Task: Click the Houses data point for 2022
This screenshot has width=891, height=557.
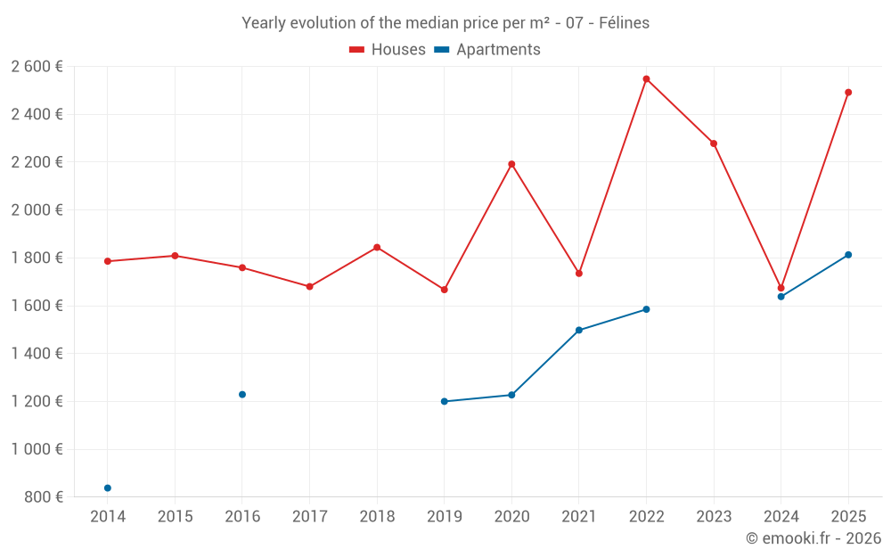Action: (646, 79)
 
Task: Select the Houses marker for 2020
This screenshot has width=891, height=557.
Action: (511, 164)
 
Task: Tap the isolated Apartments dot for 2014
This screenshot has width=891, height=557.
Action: (108, 488)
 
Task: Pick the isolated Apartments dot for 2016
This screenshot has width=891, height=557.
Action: (242, 395)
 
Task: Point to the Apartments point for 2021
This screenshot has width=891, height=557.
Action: (579, 331)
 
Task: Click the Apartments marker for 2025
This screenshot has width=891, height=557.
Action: (848, 255)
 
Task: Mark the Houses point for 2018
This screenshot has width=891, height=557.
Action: (377, 247)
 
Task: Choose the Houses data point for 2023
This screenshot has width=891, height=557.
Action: (714, 143)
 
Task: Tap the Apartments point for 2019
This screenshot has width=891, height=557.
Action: (445, 401)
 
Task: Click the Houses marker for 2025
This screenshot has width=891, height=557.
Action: (848, 93)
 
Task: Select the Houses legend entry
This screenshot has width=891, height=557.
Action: (388, 50)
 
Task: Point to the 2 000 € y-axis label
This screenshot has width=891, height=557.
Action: (37, 210)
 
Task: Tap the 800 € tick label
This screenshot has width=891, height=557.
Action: (44, 497)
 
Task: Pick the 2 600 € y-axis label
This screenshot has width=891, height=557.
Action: (37, 67)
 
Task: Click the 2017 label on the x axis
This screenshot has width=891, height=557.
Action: (309, 516)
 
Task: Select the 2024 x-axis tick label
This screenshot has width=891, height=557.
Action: (781, 516)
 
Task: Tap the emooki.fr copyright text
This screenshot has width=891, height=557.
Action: (813, 538)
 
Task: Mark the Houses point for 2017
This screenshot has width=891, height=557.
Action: (309, 287)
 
